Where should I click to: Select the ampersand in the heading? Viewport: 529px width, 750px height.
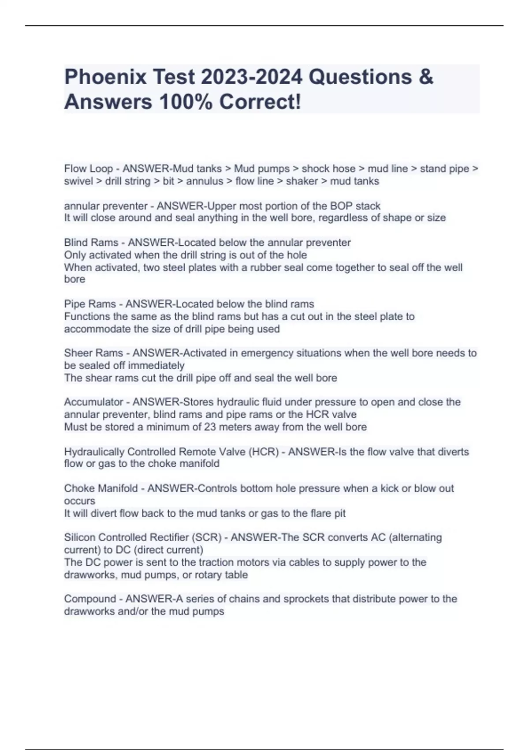425,77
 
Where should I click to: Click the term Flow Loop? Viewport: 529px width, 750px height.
88,169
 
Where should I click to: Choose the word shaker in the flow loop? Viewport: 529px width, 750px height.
302,181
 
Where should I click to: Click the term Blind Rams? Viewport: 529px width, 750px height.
91,243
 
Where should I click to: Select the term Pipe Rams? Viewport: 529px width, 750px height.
90,304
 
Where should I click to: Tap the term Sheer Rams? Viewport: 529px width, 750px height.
93,353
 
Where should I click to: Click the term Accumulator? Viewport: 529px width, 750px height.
93,402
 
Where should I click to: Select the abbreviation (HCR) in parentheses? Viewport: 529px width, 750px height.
264,452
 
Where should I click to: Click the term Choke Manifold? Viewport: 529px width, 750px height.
101,488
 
